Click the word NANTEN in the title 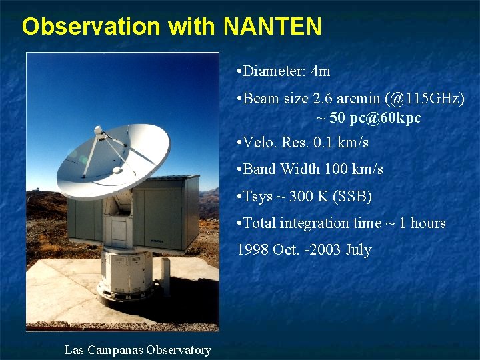point(273,27)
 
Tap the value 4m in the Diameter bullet point(321,71)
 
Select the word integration point(318,223)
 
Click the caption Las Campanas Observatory point(137,350)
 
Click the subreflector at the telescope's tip point(99,132)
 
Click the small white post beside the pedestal point(165,286)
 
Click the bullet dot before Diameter point(239,71)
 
